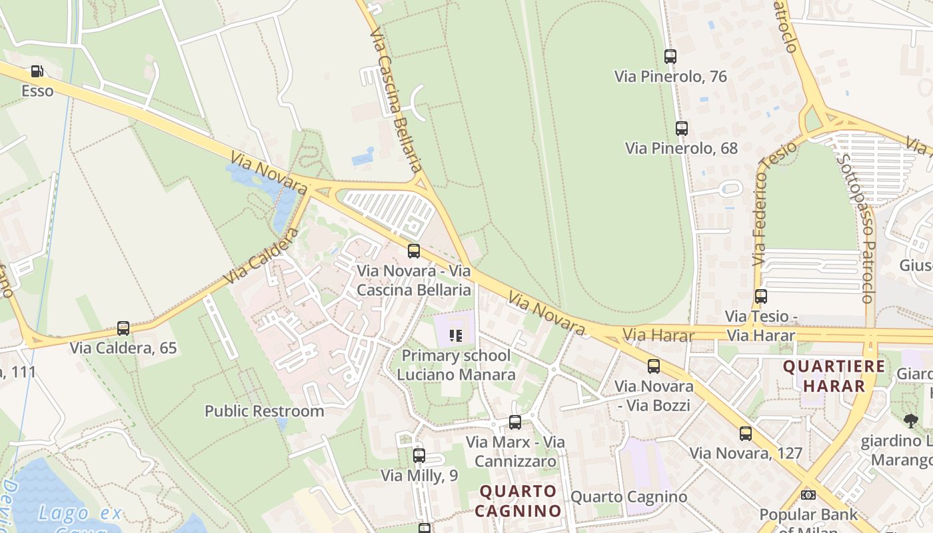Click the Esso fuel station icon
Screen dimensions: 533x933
[37, 71]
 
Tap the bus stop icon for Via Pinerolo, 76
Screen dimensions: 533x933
[670, 57]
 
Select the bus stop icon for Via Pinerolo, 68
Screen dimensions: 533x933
[681, 129]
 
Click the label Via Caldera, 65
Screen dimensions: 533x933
[123, 348]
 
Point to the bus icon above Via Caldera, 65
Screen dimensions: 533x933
[123, 328]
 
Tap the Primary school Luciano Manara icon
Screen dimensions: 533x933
[456, 335]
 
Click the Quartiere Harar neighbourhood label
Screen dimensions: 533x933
[834, 376]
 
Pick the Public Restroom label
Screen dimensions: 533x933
[264, 411]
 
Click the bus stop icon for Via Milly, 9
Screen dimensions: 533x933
[419, 456]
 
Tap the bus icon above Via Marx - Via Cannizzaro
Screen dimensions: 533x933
[515, 422]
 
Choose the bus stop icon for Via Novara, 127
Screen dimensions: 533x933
[746, 434]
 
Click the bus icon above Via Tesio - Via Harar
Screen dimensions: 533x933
[760, 296]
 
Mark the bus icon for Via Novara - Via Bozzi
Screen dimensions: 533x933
[654, 366]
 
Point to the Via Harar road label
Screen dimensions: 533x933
[658, 334]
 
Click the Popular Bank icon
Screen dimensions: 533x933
[808, 495]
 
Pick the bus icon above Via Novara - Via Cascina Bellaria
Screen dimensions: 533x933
[414, 251]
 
